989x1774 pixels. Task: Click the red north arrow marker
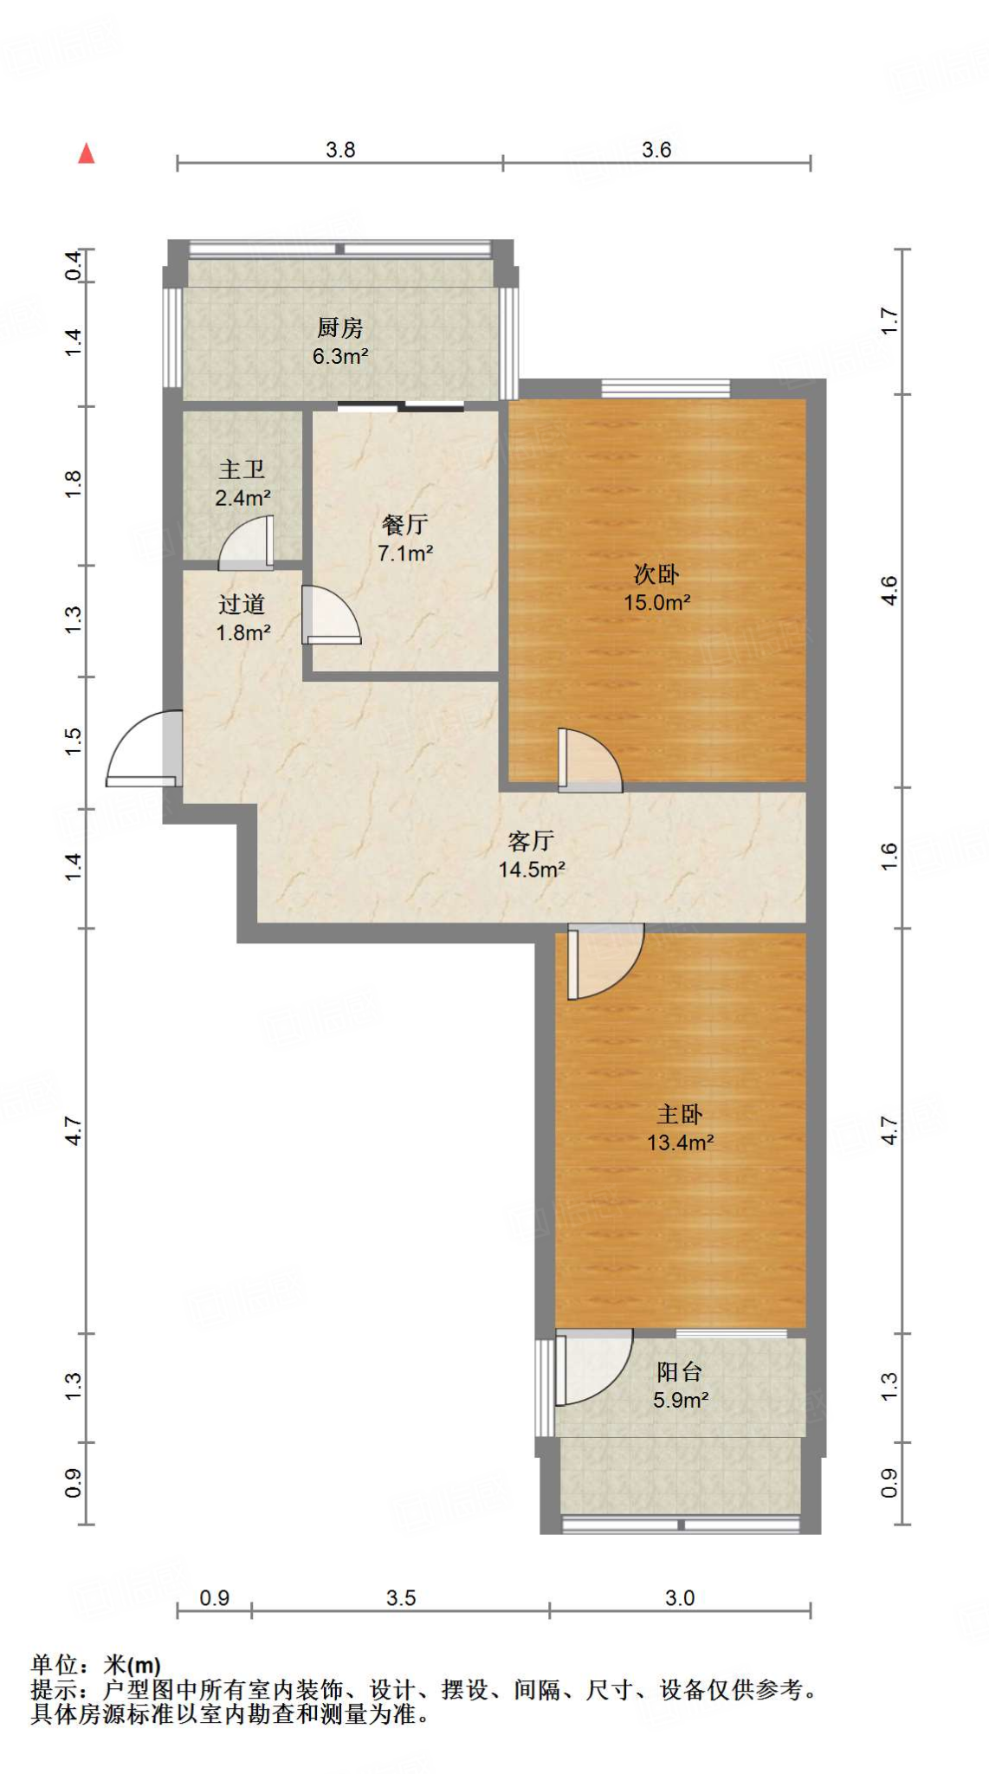pos(87,153)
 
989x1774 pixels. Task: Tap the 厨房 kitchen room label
pos(339,327)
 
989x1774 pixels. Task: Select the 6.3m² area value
pos(340,356)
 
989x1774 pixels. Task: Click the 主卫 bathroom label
pos(242,469)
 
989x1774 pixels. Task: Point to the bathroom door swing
pos(247,543)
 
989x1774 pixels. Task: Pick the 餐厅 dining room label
pos(404,524)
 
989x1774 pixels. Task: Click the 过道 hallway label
pos(242,604)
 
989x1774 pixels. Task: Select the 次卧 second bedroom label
pos(656,573)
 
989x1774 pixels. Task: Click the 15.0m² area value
pos(657,602)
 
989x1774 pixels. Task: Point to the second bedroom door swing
pos(590,760)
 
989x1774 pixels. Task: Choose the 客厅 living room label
pos(531,840)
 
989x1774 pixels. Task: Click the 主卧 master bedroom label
pos(680,1114)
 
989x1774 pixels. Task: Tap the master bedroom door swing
pos(605,961)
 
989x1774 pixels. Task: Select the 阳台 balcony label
pos(680,1371)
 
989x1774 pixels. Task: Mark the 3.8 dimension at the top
pos(340,150)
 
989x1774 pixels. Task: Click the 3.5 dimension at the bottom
pos(401,1598)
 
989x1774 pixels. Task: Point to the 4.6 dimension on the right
pos(889,591)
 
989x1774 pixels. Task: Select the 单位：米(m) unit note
pos(96,1665)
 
